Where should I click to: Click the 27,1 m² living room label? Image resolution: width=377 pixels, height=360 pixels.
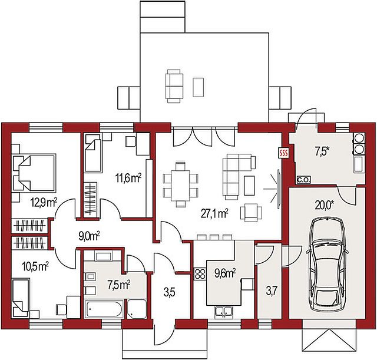click(214, 213)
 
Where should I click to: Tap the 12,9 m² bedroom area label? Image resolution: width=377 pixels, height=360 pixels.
click(44, 203)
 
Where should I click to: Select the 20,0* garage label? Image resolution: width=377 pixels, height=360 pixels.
click(325, 205)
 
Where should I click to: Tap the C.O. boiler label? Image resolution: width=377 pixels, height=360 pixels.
click(304, 180)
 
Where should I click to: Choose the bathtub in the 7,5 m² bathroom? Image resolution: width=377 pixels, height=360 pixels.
click(104, 309)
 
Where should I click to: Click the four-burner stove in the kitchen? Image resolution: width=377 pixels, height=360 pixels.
click(200, 274)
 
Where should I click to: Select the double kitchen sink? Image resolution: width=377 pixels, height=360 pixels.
click(224, 312)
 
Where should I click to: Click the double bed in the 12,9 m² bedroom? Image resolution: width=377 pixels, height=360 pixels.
click(35, 173)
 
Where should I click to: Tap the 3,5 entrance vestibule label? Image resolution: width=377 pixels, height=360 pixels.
click(170, 293)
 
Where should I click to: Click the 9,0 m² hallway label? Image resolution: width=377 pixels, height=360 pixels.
click(89, 236)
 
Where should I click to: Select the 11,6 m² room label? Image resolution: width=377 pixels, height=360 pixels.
click(128, 179)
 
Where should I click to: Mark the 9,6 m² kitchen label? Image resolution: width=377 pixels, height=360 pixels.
click(225, 273)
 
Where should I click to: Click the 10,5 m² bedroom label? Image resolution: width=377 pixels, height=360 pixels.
click(35, 267)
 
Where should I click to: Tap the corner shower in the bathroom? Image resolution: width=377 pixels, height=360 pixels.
click(137, 309)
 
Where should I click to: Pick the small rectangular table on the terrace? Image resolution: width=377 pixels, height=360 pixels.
click(199, 87)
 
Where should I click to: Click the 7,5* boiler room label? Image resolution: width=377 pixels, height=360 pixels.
click(322, 152)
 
